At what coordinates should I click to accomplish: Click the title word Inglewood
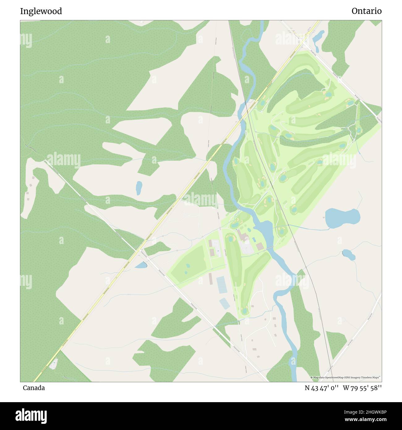(x=41, y=11)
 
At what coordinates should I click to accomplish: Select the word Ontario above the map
(x=366, y=11)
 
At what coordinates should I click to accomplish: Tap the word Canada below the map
(x=34, y=388)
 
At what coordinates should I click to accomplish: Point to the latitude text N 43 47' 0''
(x=322, y=388)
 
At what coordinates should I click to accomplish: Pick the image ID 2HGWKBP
(x=371, y=412)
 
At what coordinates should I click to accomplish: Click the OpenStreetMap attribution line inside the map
(x=346, y=377)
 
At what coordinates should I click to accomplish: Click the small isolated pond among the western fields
(x=139, y=188)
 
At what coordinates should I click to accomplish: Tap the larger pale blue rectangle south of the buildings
(x=221, y=285)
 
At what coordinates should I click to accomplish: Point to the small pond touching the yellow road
(x=141, y=265)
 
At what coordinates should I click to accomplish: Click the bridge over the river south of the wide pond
(x=269, y=248)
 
